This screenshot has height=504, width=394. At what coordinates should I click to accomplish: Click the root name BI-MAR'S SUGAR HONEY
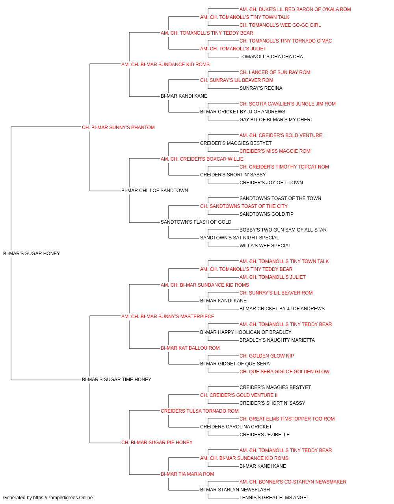[x=32, y=254]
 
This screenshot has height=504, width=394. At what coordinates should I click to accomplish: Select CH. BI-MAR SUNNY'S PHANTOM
[x=118, y=128]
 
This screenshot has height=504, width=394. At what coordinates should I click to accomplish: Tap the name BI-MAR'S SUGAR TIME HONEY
[x=117, y=380]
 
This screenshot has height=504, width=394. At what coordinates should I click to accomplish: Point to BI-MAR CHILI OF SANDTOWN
[x=154, y=191]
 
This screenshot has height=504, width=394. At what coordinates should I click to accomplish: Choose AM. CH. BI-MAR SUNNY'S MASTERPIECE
[x=167, y=317]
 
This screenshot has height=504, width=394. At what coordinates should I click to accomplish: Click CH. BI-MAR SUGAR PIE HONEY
[x=157, y=443]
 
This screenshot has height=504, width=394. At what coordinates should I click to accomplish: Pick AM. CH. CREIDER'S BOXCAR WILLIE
[x=202, y=159]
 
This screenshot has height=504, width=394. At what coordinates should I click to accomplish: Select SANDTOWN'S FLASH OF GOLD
[x=196, y=222]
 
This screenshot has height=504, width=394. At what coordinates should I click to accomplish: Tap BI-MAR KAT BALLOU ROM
[x=190, y=348]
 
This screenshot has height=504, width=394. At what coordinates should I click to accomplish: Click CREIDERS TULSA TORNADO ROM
[x=199, y=411]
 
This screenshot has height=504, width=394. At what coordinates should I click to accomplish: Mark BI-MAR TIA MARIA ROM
[x=187, y=474]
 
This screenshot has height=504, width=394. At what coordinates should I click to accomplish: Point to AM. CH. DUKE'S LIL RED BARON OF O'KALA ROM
[x=295, y=9]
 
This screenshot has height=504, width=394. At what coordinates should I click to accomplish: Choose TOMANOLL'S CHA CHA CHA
[x=271, y=57]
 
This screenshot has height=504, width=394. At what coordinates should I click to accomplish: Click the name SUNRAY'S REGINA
[x=261, y=88]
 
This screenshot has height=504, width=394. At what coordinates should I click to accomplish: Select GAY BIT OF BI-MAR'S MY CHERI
[x=275, y=120]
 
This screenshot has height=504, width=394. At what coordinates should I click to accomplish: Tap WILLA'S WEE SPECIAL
[x=265, y=246]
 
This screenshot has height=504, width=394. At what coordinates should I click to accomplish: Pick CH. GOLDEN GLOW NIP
[x=267, y=356]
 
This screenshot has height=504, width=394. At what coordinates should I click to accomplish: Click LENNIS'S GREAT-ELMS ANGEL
[x=274, y=498]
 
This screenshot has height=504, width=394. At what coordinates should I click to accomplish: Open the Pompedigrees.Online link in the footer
[x=63, y=498]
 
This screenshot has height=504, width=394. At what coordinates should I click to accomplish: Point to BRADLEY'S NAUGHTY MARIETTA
[x=277, y=340]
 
